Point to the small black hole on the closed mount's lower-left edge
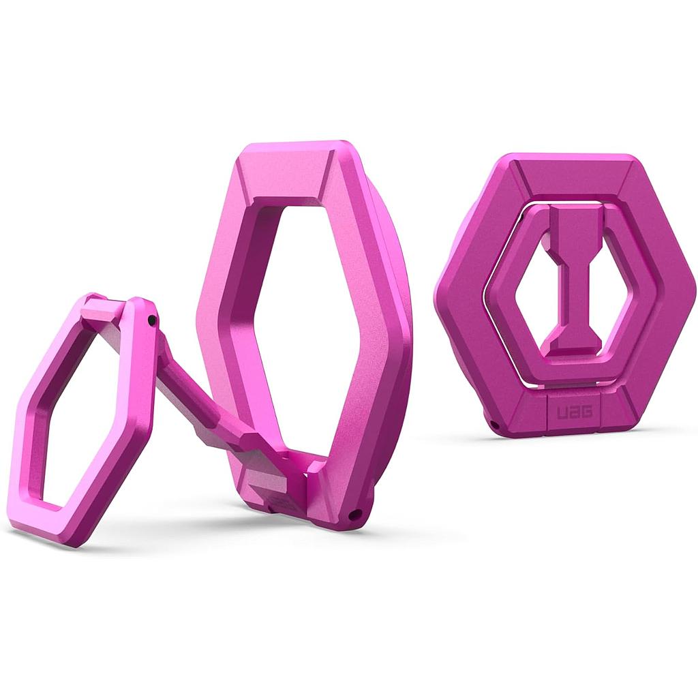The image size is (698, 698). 492,423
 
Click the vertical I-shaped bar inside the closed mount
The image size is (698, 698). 575,279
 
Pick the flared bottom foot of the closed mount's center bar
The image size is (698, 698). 575,341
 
